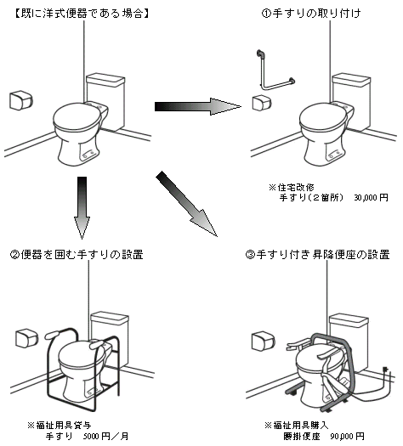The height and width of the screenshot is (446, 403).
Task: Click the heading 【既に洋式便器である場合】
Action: [82, 13]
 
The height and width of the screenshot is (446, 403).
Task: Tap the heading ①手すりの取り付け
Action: [311, 13]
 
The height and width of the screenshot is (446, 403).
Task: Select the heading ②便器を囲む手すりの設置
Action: [77, 254]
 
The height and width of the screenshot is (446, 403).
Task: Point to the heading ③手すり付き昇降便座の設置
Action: [317, 254]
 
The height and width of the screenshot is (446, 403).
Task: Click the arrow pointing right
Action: [198, 107]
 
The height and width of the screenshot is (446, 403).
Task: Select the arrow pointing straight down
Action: [82, 207]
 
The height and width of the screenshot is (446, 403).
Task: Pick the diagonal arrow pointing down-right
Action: [187, 204]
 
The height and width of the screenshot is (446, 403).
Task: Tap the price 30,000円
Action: [371, 197]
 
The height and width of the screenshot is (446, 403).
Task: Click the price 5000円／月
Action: [105, 436]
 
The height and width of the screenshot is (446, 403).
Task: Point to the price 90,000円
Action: [347, 436]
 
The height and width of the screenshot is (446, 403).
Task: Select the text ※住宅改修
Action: [292, 188]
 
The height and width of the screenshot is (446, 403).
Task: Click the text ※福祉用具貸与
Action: [60, 426]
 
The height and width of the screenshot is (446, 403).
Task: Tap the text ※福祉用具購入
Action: [297, 426]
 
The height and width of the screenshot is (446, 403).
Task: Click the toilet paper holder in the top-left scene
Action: [21, 100]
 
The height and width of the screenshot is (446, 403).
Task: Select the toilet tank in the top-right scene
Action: [352, 101]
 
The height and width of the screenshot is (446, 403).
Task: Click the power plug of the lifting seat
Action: [386, 370]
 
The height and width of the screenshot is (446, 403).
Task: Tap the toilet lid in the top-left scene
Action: [77, 116]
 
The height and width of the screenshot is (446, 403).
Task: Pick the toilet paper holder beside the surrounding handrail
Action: [26, 338]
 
